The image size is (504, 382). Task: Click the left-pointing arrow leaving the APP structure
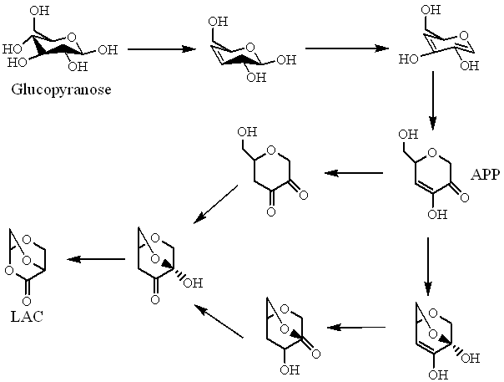(354, 174)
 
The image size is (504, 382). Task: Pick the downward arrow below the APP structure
(428, 267)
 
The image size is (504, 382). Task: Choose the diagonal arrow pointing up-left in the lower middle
(219, 323)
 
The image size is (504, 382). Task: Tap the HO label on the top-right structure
(410, 58)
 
